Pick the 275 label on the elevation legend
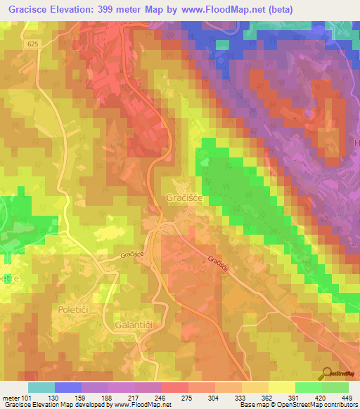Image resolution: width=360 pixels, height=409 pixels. click(x=186, y=398)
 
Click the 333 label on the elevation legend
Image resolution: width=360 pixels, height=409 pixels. click(x=240, y=398)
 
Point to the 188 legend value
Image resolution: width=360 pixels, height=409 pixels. click(x=106, y=398)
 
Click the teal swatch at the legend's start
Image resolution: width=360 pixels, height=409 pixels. click(x=41, y=387)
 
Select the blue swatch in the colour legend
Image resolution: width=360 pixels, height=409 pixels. click(x=67, y=387)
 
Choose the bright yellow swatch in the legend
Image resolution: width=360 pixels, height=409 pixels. click(x=281, y=387)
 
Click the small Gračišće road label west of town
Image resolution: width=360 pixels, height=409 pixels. click(x=131, y=256)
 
